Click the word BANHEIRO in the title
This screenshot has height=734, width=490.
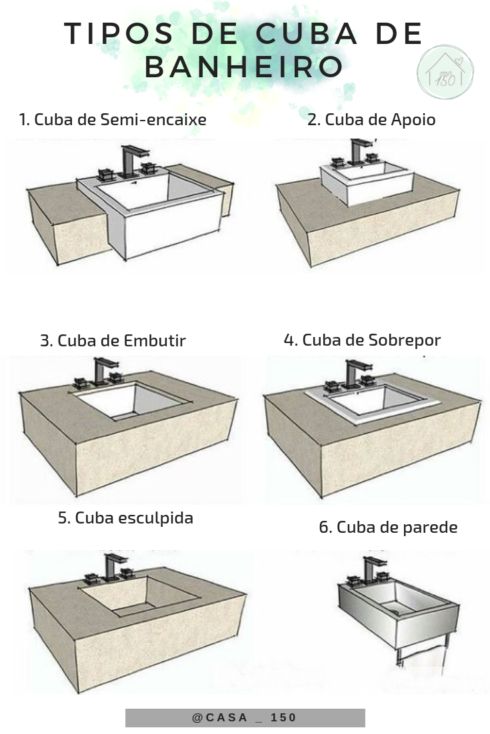coord(244,67)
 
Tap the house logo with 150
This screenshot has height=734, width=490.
coord(445,73)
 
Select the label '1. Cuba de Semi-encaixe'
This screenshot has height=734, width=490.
coord(112,120)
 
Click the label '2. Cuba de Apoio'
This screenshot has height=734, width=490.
coord(371,120)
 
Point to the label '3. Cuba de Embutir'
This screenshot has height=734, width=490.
coord(113,341)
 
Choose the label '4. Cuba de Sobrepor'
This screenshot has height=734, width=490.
coord(362,340)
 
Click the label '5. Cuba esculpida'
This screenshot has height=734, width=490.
coord(125,518)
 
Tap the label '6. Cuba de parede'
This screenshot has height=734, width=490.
coord(388,528)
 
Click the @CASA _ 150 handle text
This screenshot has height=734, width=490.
coord(245,717)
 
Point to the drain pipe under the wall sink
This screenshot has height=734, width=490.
coord(400,656)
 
